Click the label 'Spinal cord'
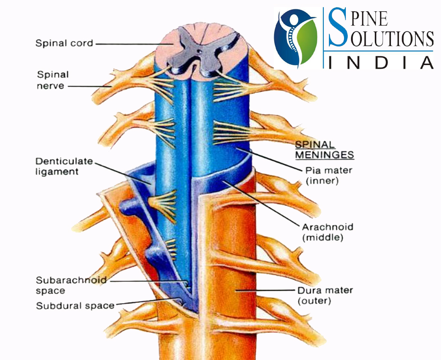pos(64,44)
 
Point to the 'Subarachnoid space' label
pos(71,285)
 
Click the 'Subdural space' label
pos(75,306)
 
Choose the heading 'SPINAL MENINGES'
pos(324,150)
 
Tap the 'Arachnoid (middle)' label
pos(327,232)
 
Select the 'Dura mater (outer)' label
pos(325,295)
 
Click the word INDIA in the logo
pos(380,62)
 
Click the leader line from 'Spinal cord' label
pos(131,44)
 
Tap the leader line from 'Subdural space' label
pos(145,302)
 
